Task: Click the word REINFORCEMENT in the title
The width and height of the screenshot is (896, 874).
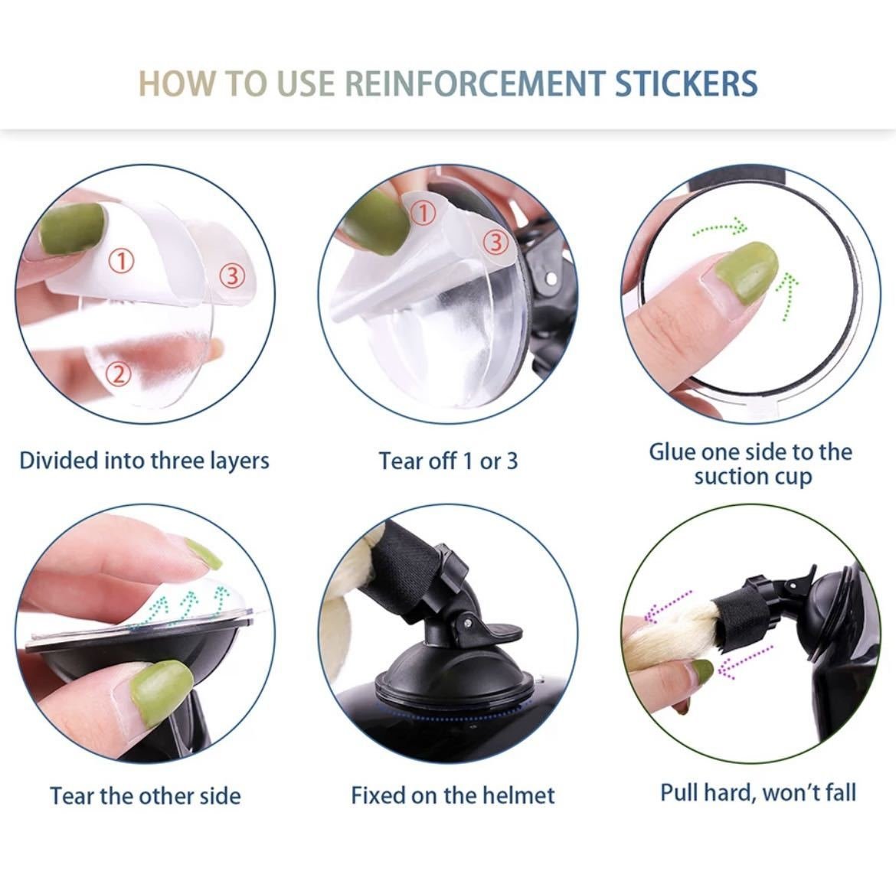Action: coord(475,83)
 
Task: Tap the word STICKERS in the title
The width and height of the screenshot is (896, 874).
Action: coord(686,83)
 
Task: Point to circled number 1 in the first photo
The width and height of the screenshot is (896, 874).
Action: coord(121,260)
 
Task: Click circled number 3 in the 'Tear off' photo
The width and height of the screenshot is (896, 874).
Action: coord(496,242)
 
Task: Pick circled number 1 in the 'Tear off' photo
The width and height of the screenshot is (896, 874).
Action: coord(423,214)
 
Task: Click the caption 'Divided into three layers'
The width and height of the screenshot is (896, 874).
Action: coord(144,461)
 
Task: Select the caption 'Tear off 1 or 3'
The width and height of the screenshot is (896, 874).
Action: coord(449,461)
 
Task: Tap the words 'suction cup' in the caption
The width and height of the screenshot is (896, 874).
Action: coord(753,477)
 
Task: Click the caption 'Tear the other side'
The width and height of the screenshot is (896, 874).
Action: coord(146,796)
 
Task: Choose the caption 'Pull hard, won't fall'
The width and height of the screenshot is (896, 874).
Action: coord(758,793)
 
